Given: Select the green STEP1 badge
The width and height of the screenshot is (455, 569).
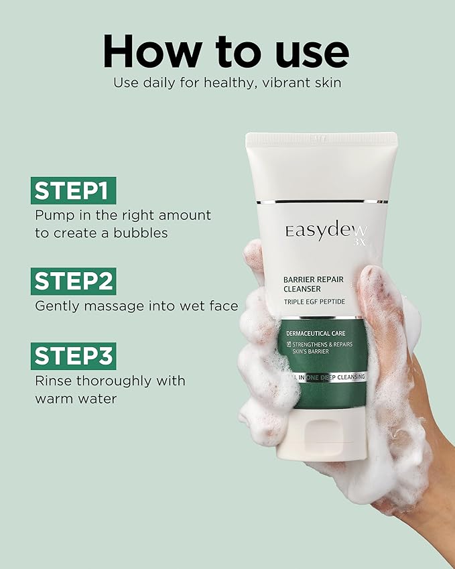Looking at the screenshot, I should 74,191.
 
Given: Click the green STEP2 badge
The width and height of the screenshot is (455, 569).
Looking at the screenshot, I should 74,281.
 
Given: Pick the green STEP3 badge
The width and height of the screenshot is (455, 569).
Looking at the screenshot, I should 74,356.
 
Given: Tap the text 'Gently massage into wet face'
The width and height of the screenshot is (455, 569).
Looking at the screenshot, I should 136,306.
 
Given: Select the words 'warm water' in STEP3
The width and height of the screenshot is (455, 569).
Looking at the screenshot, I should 76,399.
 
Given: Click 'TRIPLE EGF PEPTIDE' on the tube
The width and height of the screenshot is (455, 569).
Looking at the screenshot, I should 315,302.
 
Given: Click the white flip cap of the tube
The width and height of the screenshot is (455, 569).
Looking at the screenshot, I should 328,436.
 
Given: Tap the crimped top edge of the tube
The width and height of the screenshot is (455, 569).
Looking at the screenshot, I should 322,139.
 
